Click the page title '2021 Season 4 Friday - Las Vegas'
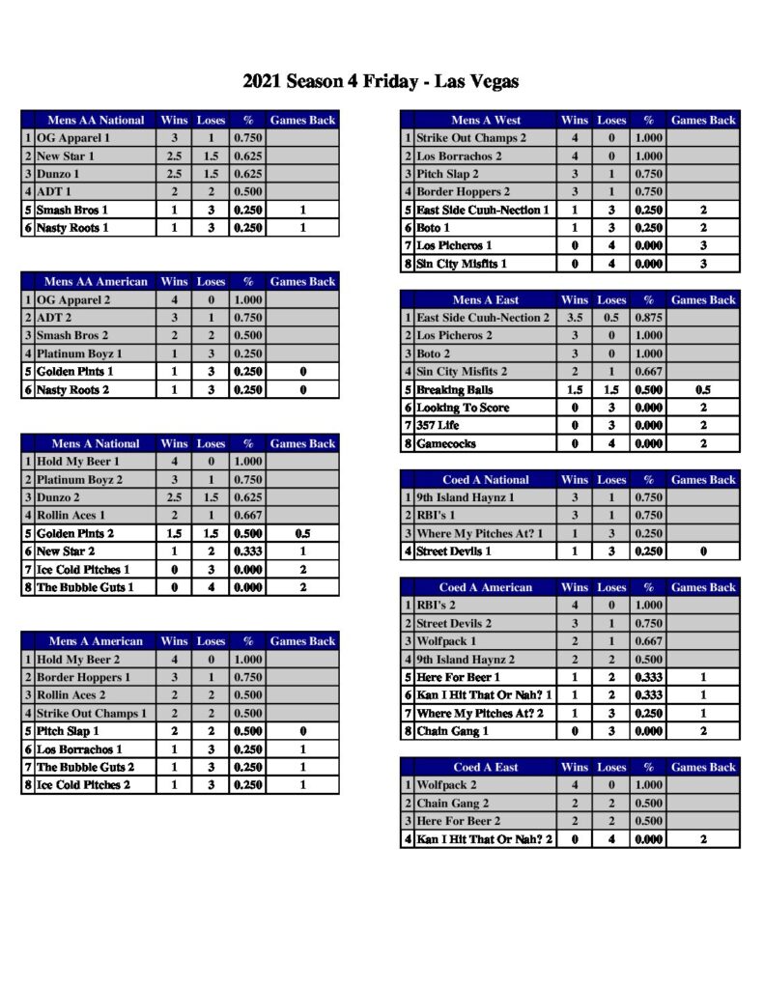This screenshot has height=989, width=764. (381, 82)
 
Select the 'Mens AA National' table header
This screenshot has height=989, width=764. (96, 121)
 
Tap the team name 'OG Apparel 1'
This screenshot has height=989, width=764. (72, 138)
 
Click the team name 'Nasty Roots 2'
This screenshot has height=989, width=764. (72, 389)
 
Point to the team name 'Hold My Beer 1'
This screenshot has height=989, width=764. (78, 462)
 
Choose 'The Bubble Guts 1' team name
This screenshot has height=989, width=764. (85, 587)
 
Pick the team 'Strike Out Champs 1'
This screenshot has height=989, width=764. (92, 713)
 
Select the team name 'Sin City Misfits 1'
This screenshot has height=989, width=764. (462, 264)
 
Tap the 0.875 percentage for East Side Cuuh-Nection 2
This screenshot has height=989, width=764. (648, 318)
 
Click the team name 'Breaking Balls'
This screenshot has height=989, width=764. (455, 389)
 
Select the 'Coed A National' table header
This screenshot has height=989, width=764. (486, 480)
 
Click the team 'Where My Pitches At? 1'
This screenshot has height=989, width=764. (479, 533)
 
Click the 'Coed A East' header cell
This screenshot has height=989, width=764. (486, 767)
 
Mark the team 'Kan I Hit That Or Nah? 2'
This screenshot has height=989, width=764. (484, 839)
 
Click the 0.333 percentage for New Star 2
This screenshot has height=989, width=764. (247, 551)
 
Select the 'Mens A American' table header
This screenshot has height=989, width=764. (96, 641)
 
